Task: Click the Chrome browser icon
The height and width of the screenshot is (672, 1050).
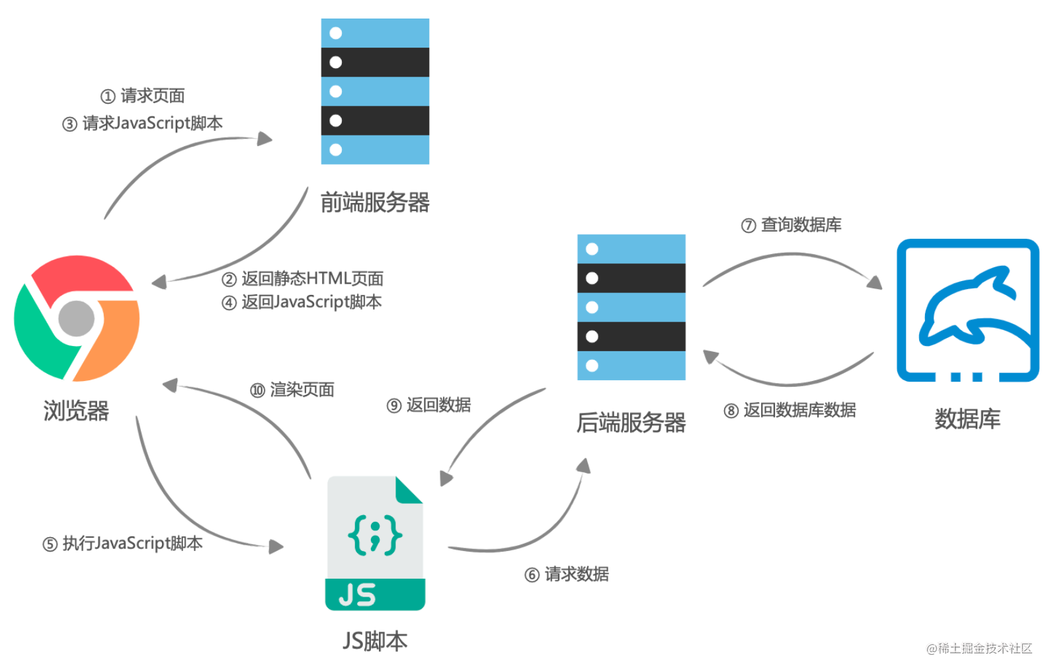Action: [77, 318]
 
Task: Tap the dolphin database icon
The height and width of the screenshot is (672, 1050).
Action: [967, 310]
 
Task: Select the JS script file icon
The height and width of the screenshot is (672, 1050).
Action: [375, 543]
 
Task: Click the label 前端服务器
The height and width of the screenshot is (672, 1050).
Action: [375, 202]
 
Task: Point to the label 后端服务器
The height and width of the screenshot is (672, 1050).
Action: [631, 423]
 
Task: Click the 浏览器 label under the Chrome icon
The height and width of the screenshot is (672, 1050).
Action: [76, 411]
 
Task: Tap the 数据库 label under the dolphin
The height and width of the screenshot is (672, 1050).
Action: [967, 419]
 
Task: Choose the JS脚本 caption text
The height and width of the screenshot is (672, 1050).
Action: [375, 641]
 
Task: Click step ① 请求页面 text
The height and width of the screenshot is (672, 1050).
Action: [143, 96]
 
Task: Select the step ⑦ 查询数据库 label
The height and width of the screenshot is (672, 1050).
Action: [791, 225]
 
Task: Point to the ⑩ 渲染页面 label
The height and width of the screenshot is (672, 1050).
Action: [292, 390]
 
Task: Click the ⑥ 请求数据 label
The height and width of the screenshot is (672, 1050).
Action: [567, 574]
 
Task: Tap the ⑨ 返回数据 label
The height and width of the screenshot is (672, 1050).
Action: [429, 405]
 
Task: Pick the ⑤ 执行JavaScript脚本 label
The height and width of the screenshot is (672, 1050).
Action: [123, 544]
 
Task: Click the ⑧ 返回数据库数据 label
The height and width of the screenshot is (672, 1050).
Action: [790, 410]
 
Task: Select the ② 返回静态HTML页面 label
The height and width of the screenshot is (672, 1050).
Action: [303, 278]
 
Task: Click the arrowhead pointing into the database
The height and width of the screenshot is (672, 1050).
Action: [875, 282]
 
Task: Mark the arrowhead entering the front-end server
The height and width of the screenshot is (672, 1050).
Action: [265, 139]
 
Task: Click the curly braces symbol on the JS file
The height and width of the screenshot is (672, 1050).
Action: [375, 534]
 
